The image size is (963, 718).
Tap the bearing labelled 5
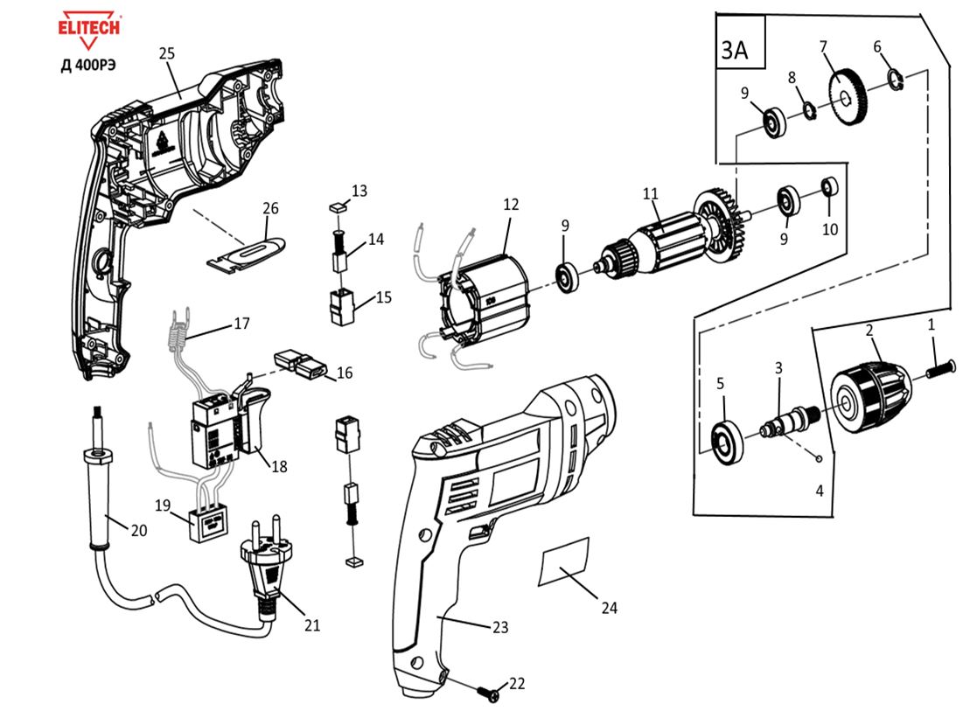click(725, 442)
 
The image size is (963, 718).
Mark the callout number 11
click(650, 193)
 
